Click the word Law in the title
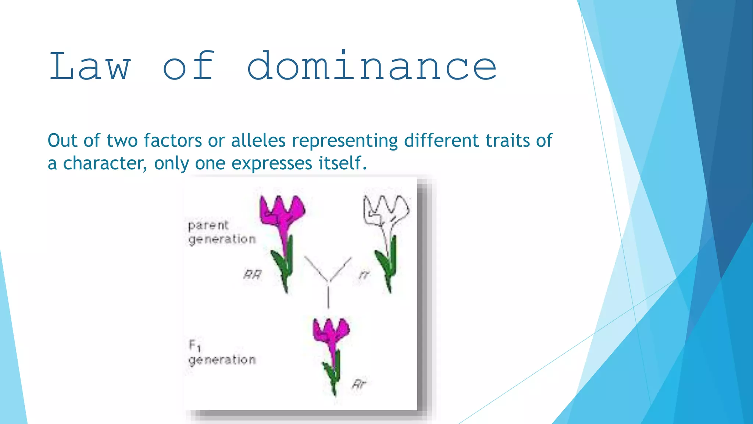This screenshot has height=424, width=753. pyautogui.click(x=90, y=66)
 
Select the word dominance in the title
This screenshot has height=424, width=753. pyautogui.click(x=371, y=66)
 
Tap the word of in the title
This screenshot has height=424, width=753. pyautogui.click(x=189, y=66)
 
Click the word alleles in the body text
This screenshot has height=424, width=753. pyautogui.click(x=258, y=141)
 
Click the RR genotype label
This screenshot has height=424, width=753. pyautogui.click(x=253, y=275)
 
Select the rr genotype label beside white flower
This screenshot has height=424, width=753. pyautogui.click(x=364, y=275)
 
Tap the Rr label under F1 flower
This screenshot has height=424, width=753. pyautogui.click(x=359, y=384)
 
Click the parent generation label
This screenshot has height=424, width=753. pyautogui.click(x=221, y=232)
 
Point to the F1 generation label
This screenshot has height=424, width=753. pyautogui.click(x=221, y=353)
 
